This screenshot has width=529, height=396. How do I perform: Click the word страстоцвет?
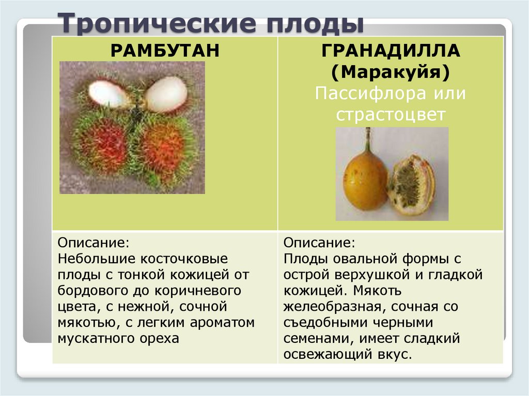pyautogui.click(x=390, y=115)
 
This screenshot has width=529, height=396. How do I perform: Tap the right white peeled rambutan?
pyautogui.click(x=166, y=93)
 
